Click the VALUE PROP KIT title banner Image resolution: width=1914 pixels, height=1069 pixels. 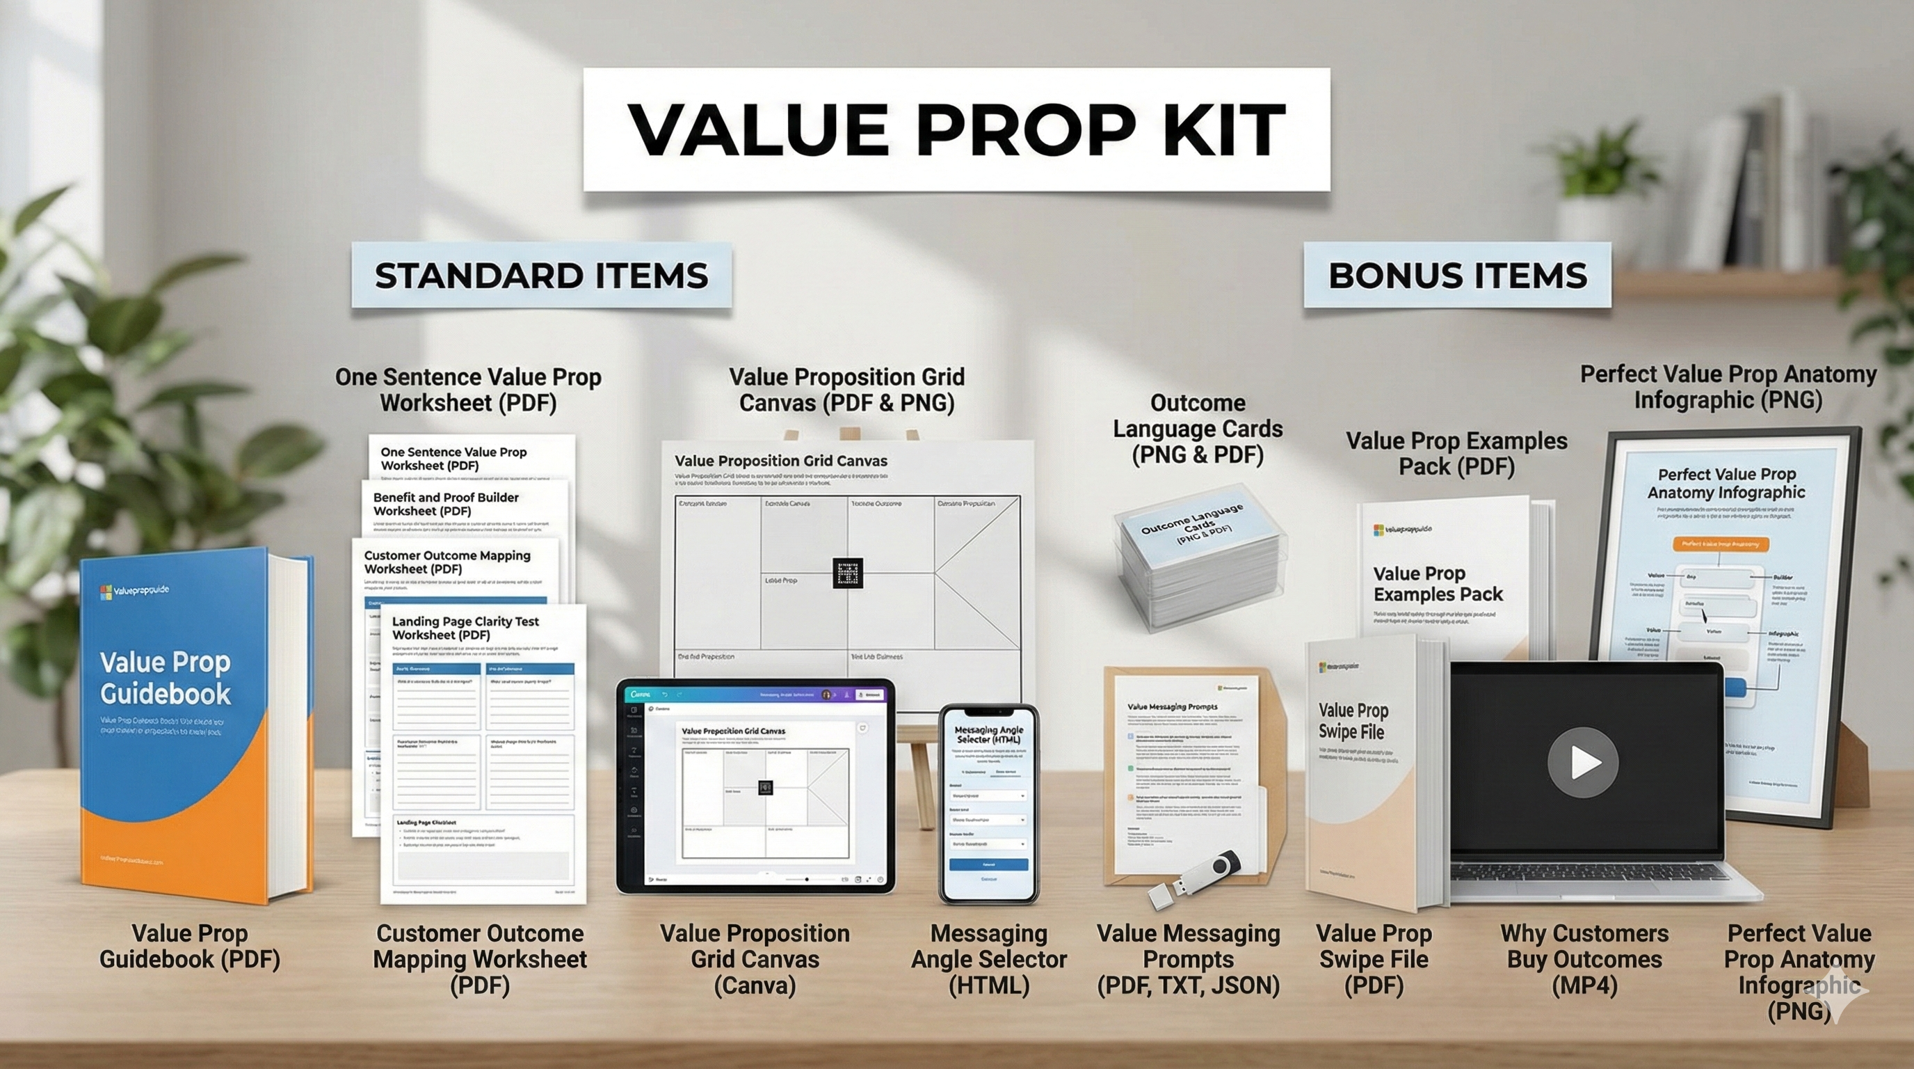pyautogui.click(x=956, y=129)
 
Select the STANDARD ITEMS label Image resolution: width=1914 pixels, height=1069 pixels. pyautogui.click(x=541, y=276)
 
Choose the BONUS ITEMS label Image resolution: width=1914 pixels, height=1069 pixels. pyautogui.click(x=1457, y=276)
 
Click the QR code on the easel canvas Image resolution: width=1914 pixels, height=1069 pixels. pyautogui.click(x=847, y=573)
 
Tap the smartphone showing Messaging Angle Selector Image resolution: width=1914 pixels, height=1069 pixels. pyautogui.click(x=988, y=803)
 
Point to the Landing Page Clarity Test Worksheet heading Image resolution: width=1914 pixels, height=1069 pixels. pyautogui.click(x=465, y=628)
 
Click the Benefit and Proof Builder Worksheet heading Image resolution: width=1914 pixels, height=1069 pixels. pyautogui.click(x=446, y=504)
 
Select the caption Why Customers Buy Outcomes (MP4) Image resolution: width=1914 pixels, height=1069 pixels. pyautogui.click(x=1584, y=959)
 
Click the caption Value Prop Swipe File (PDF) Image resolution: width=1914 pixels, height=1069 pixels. pyautogui.click(x=1373, y=959)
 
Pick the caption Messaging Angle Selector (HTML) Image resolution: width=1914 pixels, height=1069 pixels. pyautogui.click(x=988, y=959)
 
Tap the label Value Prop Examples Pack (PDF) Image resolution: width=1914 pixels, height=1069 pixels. pyautogui.click(x=1456, y=454)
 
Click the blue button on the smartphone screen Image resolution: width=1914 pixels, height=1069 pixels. pyautogui.click(x=988, y=864)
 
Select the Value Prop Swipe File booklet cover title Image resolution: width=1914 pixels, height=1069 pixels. pyautogui.click(x=1352, y=720)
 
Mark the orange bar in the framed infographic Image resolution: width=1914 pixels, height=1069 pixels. pyautogui.click(x=1720, y=544)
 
